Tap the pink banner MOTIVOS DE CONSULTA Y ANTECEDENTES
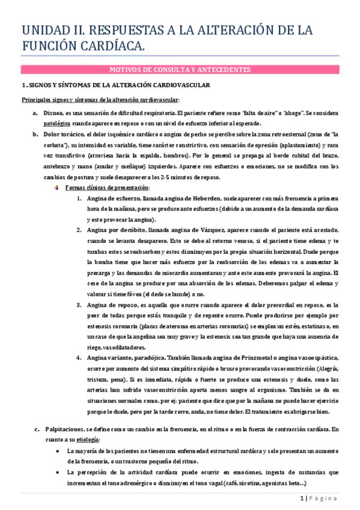180,70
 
